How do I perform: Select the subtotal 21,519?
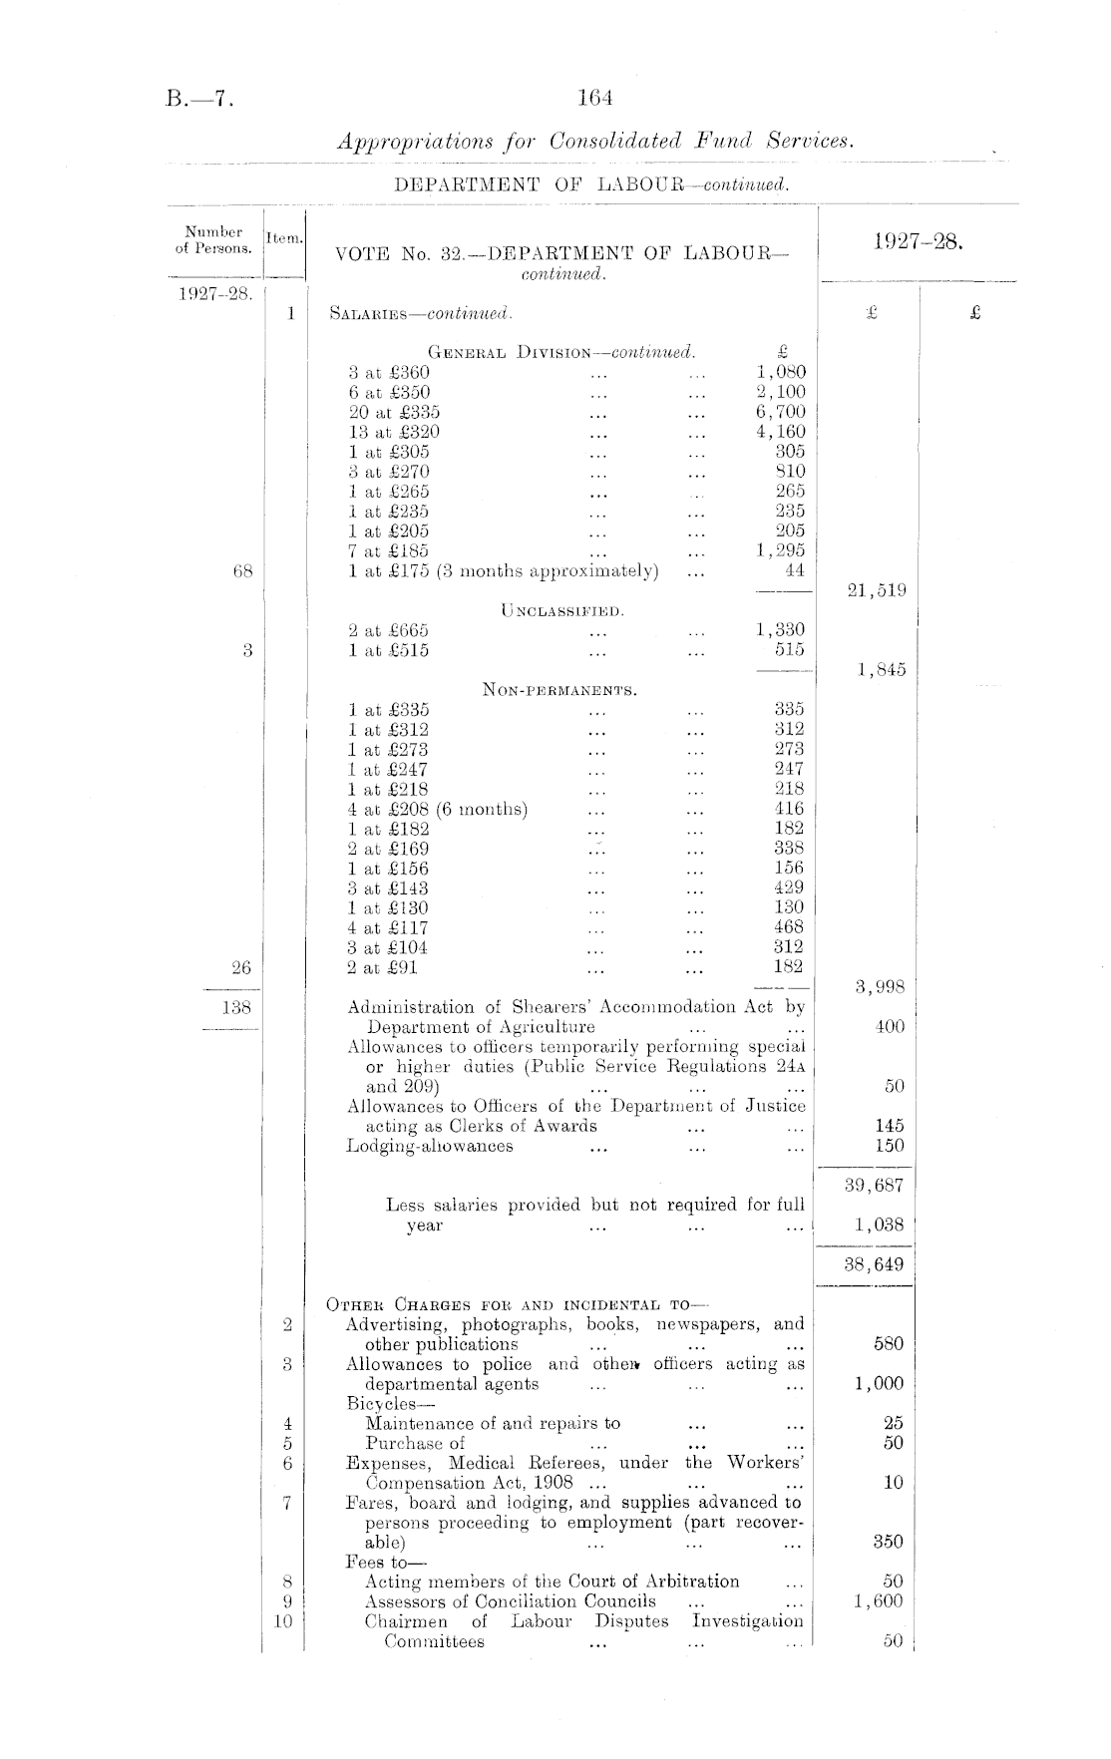tap(876, 590)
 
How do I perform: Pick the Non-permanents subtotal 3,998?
tap(881, 987)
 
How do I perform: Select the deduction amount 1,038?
tap(880, 1226)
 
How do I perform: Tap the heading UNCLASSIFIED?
tap(562, 610)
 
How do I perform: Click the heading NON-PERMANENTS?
tap(559, 690)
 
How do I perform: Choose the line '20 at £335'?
tap(394, 412)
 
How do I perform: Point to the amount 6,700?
tap(780, 412)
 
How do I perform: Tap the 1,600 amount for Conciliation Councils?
tap(879, 1601)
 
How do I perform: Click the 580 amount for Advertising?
tap(888, 1344)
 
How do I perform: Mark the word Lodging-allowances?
tap(430, 1146)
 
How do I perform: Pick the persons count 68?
tap(242, 571)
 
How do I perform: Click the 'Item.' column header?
tap(285, 237)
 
